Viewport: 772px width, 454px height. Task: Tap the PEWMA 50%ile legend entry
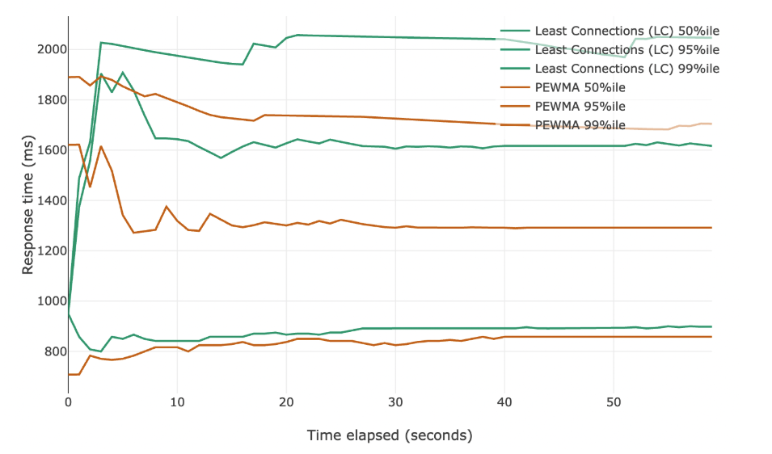click(x=580, y=87)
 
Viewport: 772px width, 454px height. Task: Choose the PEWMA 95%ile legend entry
click(x=580, y=106)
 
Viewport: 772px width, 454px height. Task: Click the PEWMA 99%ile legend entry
click(x=580, y=124)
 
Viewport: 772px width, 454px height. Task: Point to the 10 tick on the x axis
click(x=177, y=401)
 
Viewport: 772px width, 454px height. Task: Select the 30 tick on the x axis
click(x=395, y=401)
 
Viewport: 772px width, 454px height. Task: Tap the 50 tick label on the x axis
click(x=614, y=401)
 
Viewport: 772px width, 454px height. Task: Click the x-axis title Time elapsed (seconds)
click(x=389, y=435)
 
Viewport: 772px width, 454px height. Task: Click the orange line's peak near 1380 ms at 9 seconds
click(x=167, y=206)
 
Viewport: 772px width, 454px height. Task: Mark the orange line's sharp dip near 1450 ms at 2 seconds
click(x=90, y=187)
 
